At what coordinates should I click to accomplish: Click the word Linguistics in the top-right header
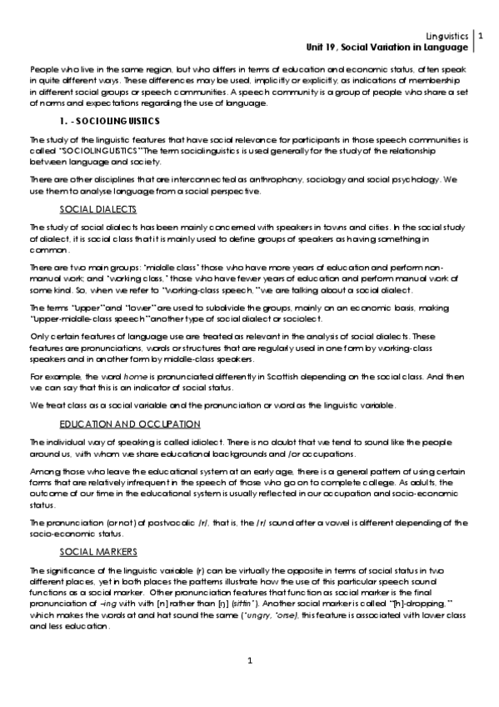(x=447, y=37)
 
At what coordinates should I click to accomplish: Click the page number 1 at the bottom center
(x=249, y=661)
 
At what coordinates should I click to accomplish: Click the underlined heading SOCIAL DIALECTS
(x=98, y=208)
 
